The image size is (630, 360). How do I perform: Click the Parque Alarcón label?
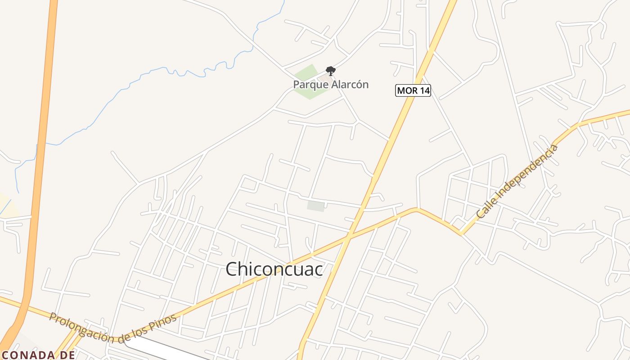pos(331,84)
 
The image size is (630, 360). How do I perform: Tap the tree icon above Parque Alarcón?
pos(331,71)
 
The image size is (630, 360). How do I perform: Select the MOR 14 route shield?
pos(413,90)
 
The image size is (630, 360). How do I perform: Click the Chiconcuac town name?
pos(274,269)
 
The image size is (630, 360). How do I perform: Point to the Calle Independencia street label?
pos(517,182)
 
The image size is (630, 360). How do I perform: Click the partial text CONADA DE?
pos(38,355)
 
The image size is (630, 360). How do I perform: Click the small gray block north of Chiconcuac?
pos(316,206)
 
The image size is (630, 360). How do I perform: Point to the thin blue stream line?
pos(135,81)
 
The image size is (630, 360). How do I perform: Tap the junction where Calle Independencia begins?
pos(461,233)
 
